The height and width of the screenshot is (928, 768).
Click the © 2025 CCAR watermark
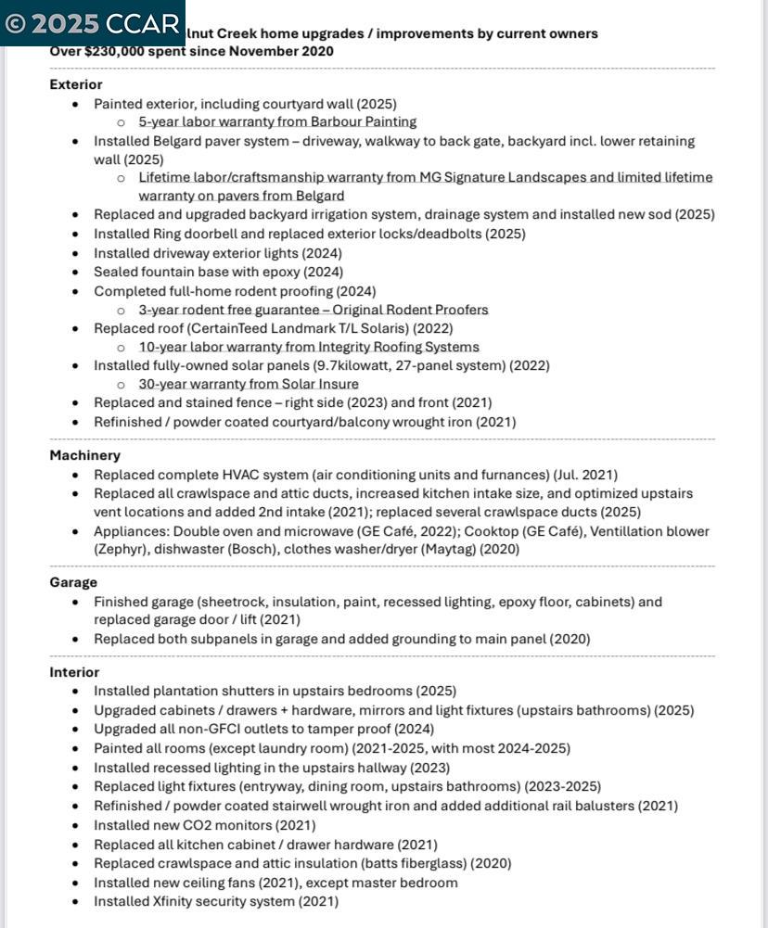point(92,23)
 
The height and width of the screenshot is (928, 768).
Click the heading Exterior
point(76,84)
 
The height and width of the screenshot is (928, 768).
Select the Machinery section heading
point(84,455)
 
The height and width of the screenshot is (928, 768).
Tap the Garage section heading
point(73,582)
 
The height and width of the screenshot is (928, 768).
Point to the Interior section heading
point(74,672)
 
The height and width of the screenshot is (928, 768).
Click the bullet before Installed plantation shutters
point(76,692)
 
